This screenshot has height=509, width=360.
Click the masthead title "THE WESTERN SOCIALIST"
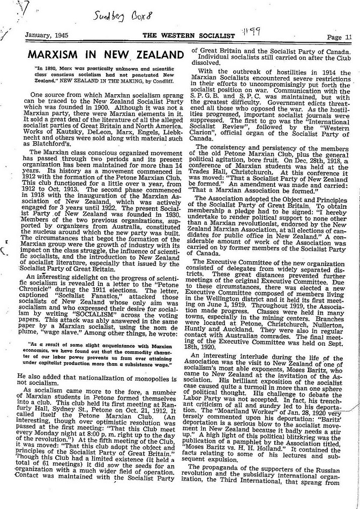coord(189,36)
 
